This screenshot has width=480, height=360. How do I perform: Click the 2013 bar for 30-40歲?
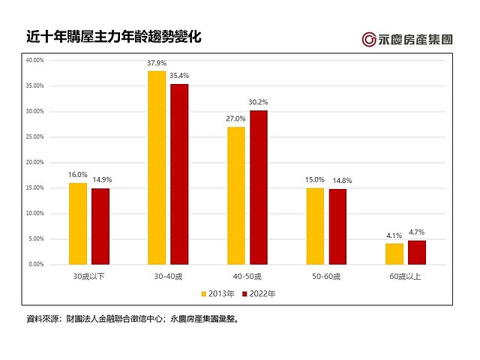[157, 167]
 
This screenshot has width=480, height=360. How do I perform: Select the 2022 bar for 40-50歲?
[258, 187]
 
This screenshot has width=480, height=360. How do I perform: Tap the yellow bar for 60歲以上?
[395, 253]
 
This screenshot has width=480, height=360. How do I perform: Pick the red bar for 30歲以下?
[100, 226]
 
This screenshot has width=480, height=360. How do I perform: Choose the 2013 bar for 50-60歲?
[315, 226]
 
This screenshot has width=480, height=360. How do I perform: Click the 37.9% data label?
[157, 64]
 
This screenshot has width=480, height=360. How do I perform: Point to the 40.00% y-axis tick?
[34, 60]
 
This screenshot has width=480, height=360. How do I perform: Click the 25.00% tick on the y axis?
[34, 136]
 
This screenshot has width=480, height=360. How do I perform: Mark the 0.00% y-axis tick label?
[36, 264]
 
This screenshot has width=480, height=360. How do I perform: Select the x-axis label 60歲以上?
[406, 277]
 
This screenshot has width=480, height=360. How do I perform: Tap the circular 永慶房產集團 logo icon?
[369, 39]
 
